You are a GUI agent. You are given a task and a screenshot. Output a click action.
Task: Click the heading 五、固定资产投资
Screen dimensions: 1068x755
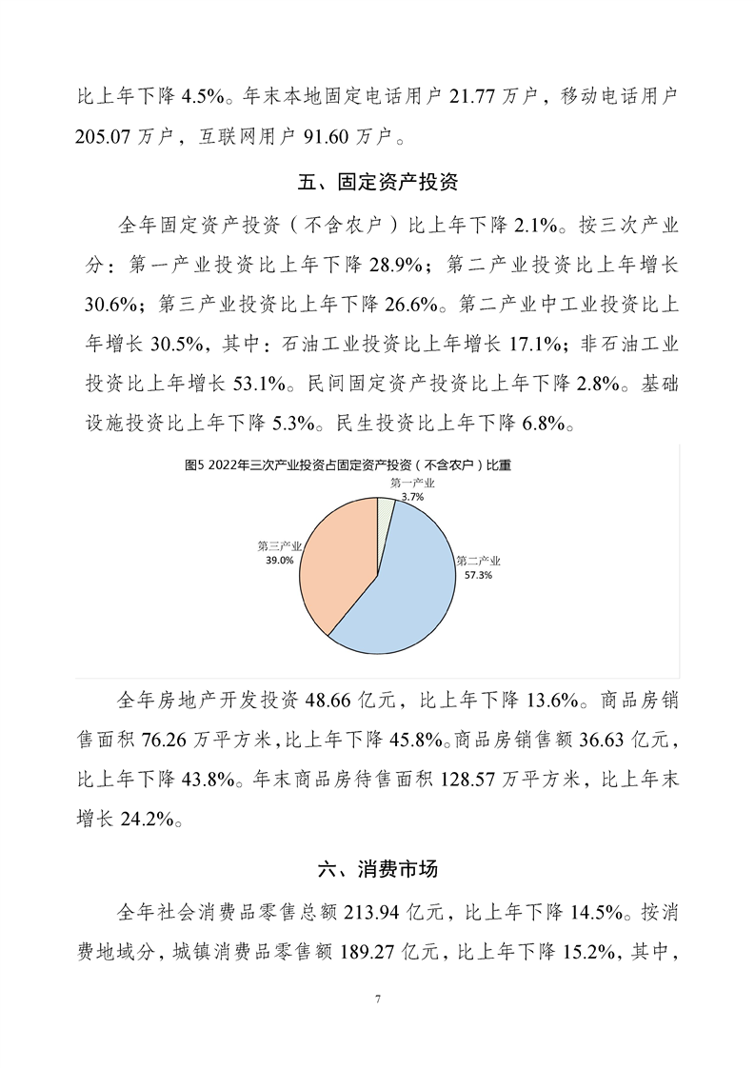[378, 180]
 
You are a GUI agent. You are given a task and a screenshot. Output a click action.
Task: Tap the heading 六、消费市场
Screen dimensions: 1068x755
[378, 868]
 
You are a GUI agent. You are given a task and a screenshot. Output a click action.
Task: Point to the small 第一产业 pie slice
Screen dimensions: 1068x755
[386, 509]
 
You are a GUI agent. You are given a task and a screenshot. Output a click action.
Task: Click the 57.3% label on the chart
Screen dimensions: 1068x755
[478, 576]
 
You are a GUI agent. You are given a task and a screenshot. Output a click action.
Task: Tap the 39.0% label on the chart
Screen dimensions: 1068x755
[279, 562]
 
